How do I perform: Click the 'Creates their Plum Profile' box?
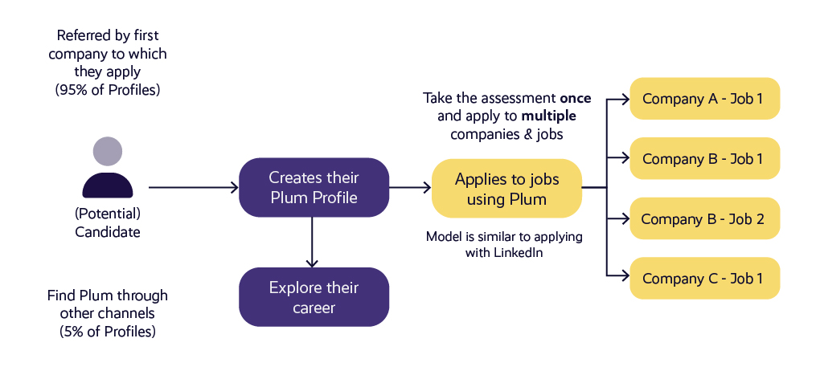tap(314, 187)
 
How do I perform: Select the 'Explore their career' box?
tap(314, 297)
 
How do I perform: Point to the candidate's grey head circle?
tap(108, 152)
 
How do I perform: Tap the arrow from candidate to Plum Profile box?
tap(194, 188)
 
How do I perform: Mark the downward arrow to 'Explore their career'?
tap(314, 242)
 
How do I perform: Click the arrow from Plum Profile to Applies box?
tap(410, 188)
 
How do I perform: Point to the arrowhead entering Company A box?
tap(624, 99)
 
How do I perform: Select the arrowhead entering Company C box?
tap(624, 279)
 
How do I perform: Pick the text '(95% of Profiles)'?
tap(108, 90)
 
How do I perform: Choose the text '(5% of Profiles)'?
tap(108, 331)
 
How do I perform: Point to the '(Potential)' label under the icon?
tap(108, 214)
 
